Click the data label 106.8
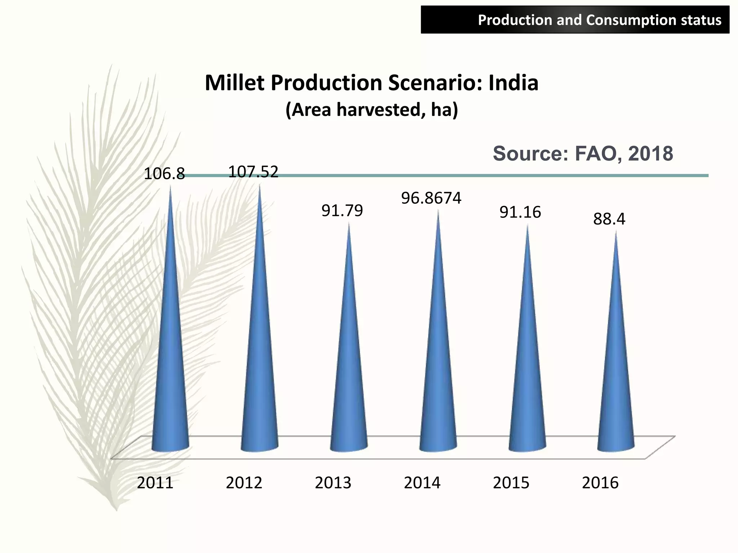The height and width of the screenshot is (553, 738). coord(164,174)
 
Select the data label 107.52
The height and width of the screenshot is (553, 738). coord(253,172)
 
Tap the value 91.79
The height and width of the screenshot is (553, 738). coord(342,211)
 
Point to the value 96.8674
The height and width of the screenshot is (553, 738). coord(431,198)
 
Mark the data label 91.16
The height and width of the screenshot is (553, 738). coord(520,212)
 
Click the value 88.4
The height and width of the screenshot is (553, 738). coord(609,219)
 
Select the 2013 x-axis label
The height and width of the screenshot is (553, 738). coord(333,483)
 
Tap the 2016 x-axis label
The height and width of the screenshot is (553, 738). coord(600,483)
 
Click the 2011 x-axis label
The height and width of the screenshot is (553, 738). coord(155,483)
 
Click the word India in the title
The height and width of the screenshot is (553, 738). coord(513,83)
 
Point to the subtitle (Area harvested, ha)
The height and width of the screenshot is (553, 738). coord(372,110)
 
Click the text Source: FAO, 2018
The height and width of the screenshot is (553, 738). coord(583,154)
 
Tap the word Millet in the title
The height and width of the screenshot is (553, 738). coord(235,83)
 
